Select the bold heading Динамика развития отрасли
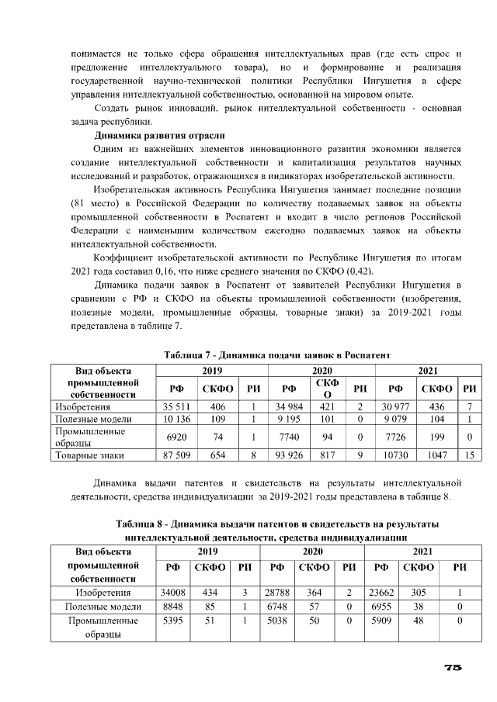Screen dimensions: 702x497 (x=159, y=136)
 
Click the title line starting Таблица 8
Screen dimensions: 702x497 (x=277, y=524)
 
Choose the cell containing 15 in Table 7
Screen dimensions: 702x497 (x=469, y=455)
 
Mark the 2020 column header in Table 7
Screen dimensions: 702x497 (x=322, y=370)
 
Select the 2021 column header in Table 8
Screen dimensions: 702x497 (x=422, y=551)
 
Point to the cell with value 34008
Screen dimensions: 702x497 (x=172, y=593)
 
